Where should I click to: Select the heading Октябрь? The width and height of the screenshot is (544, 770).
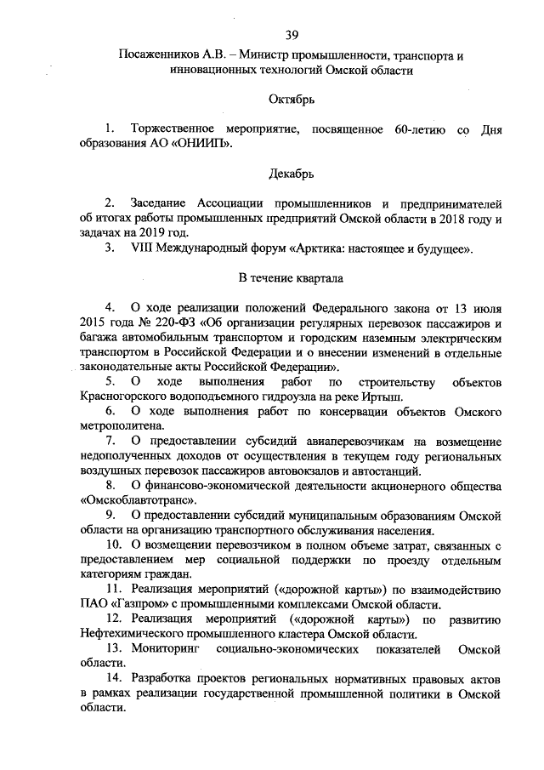tap(292, 100)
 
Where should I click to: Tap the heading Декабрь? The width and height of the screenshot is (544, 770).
tap(292, 174)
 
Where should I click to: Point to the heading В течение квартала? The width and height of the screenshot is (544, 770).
tap(292, 277)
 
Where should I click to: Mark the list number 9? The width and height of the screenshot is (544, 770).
tap(111, 516)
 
